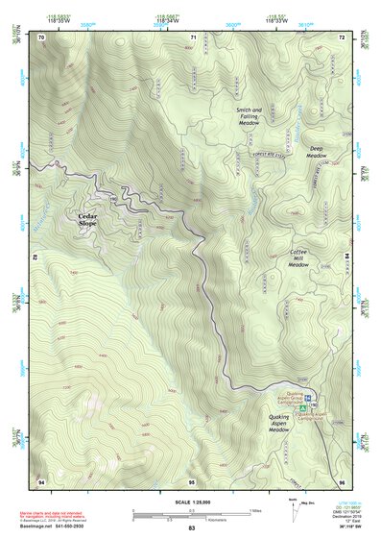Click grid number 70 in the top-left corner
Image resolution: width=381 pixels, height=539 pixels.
coord(40,37)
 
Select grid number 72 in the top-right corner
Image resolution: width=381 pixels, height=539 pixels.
coord(342,37)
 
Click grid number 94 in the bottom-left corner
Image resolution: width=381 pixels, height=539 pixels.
coord(40,480)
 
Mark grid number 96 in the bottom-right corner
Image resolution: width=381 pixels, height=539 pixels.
coord(342,480)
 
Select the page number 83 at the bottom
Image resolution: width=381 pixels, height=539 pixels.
coord(191,528)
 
